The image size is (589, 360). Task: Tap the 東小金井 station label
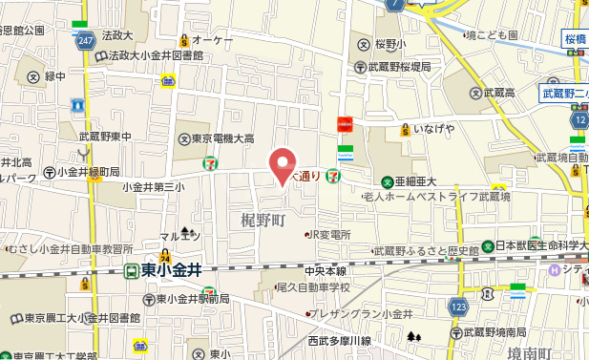tap(171, 271)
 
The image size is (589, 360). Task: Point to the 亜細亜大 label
tap(415, 181)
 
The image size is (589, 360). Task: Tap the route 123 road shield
tap(458, 307)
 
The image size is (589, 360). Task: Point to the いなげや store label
tap(432, 128)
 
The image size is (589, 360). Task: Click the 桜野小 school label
tap(390, 43)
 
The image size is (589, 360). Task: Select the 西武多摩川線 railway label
tap(338, 340)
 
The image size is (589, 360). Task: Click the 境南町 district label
tap(530, 352)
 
